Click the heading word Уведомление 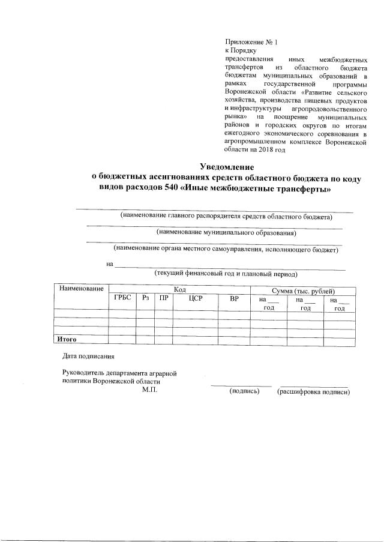(227, 166)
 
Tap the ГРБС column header (122, 299)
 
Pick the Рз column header (145, 299)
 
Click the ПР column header (163, 299)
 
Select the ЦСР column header (194, 299)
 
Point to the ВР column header (234, 299)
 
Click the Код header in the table (179, 290)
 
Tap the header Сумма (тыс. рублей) (302, 290)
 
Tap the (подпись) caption (244, 391)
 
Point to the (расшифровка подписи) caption (313, 391)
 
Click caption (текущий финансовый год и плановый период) (226, 274)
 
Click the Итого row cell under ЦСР (194, 340)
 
